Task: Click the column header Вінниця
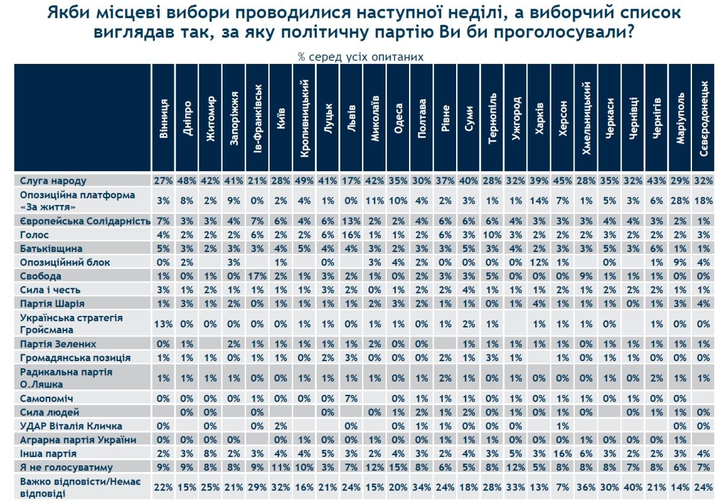coord(164,118)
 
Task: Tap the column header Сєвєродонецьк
coord(704,118)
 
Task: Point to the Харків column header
coord(539,118)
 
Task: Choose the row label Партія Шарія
coord(52,303)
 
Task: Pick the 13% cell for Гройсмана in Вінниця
coord(164,324)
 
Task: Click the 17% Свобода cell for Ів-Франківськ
coord(258,276)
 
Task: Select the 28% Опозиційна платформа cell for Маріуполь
coord(680,201)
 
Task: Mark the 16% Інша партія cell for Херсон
coord(563,453)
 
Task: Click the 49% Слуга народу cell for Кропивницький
coord(305,181)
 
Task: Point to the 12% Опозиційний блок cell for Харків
coord(539,263)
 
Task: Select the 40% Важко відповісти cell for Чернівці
coord(634,487)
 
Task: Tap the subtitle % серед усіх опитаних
coord(360,57)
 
